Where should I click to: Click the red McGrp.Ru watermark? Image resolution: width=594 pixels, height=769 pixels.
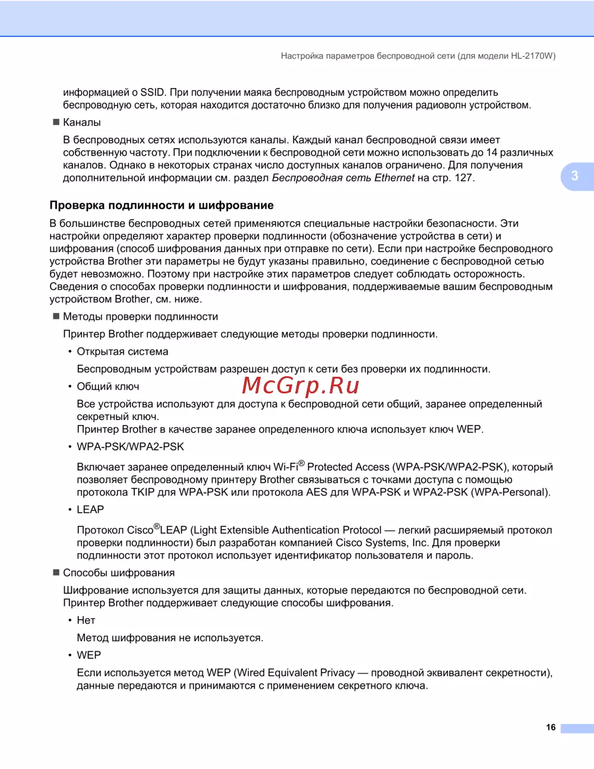(x=301, y=386)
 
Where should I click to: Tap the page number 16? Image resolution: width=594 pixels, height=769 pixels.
(x=551, y=727)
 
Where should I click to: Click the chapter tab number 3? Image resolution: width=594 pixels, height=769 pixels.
(x=574, y=176)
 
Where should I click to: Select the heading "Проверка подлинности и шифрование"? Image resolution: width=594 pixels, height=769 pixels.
(x=162, y=206)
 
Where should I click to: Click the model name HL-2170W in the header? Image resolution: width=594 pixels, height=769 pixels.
(x=532, y=56)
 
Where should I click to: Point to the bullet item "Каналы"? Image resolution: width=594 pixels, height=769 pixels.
(x=82, y=122)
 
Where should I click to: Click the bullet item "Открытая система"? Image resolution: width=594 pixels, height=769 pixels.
(x=122, y=352)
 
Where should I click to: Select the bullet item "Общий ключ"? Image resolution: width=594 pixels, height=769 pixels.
(x=108, y=387)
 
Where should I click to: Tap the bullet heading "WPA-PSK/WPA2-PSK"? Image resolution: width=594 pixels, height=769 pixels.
(x=131, y=447)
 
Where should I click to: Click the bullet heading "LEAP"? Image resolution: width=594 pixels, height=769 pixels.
(x=90, y=510)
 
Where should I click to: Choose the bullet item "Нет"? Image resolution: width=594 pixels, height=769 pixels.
(x=86, y=620)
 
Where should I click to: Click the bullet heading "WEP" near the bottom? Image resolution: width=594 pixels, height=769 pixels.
(x=89, y=655)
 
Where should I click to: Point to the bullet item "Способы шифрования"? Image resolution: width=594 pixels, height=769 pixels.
(x=119, y=573)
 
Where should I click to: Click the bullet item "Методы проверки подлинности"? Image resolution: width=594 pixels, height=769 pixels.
(x=141, y=317)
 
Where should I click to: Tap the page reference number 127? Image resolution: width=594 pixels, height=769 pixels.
(x=464, y=178)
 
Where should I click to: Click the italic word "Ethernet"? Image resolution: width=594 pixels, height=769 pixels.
(x=394, y=178)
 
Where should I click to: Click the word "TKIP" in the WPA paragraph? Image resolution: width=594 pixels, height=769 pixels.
(x=143, y=493)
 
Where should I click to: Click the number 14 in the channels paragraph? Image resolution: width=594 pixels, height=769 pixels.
(x=492, y=153)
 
